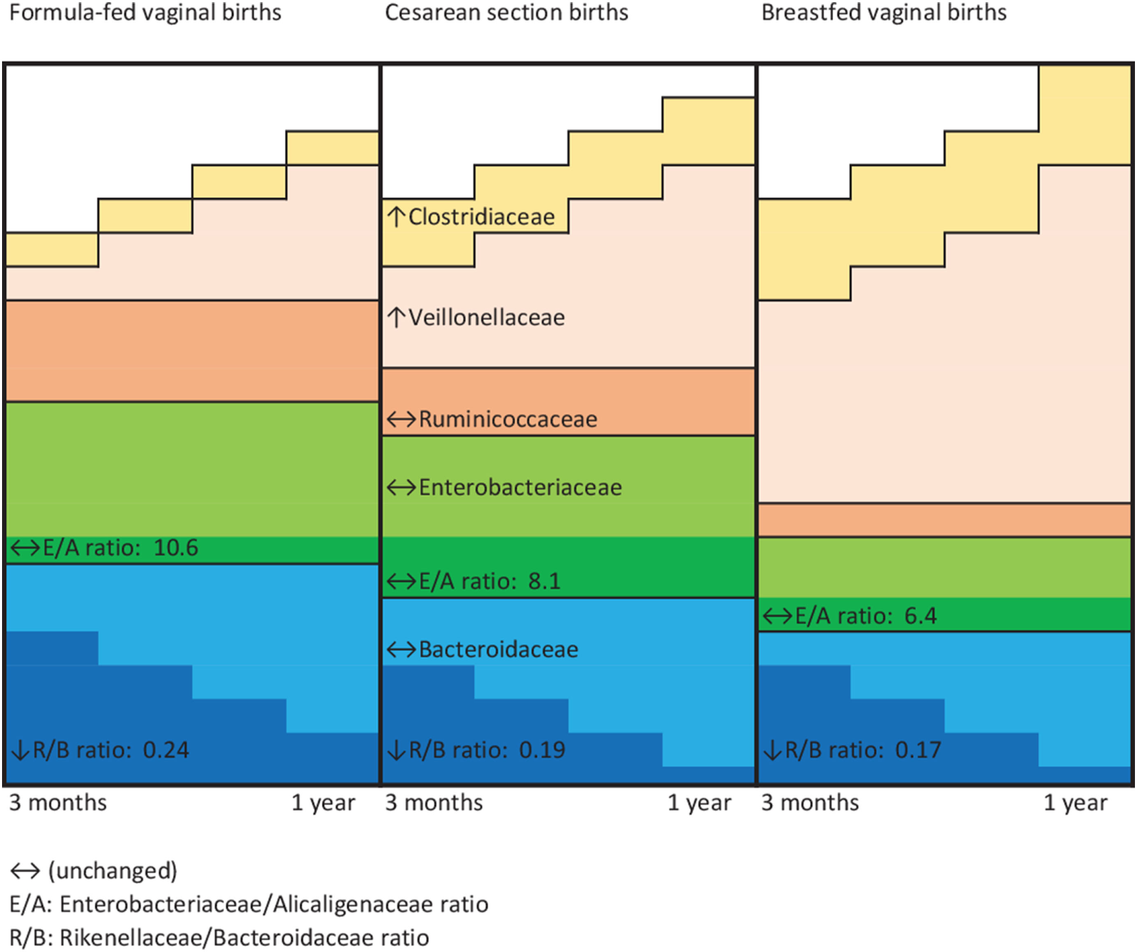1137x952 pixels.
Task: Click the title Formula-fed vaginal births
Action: tap(145, 12)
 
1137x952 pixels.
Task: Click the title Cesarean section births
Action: tap(506, 12)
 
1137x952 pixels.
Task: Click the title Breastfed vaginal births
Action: tap(884, 12)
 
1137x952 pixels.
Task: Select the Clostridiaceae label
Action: tap(481, 217)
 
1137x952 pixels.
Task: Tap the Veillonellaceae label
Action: tap(486, 318)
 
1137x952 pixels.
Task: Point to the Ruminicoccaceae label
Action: tap(508, 419)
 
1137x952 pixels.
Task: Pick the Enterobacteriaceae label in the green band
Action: tap(520, 487)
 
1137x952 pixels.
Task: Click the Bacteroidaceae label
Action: tap(498, 649)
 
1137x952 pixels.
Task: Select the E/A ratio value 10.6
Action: tap(176, 548)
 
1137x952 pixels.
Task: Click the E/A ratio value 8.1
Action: tap(545, 581)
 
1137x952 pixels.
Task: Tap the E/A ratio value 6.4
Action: tap(920, 616)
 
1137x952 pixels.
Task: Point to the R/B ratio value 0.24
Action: tap(166, 750)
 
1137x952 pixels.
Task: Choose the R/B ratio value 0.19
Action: tap(542, 750)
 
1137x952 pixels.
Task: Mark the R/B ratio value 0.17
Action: tap(918, 750)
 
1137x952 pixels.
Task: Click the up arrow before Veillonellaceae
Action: tap(396, 317)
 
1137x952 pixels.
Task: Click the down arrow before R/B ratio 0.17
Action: tap(772, 751)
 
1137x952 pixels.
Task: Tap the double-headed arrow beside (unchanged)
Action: tap(25, 871)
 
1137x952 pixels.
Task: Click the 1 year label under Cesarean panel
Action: tap(699, 803)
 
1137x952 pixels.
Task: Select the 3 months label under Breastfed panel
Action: tap(810, 802)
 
